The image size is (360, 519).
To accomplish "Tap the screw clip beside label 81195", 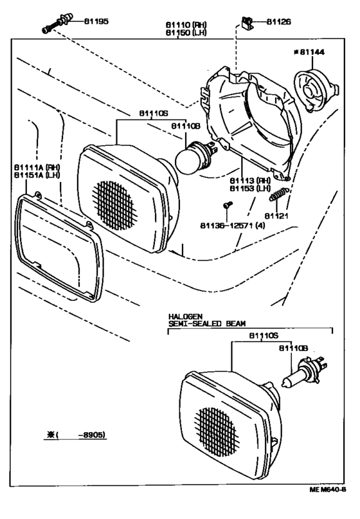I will pos(55,24).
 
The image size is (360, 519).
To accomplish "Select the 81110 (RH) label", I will pos(184,23).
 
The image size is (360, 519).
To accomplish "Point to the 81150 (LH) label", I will pos(184,32).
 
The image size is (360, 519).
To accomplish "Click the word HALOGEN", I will pos(186,317).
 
